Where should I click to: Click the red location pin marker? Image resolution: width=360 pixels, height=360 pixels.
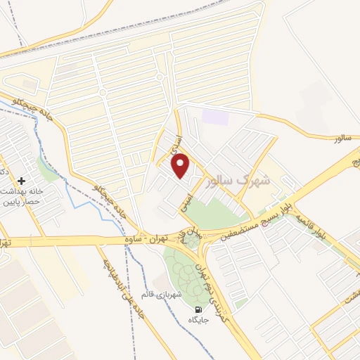pyautogui.click(x=181, y=165)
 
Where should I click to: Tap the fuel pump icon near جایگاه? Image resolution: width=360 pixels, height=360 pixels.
pyautogui.click(x=198, y=309)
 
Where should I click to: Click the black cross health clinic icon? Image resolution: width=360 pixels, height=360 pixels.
pyautogui.click(x=22, y=181)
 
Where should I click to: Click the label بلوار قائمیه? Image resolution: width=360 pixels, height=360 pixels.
pyautogui.click(x=310, y=226)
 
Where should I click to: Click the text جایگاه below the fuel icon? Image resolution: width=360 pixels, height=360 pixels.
pyautogui.click(x=199, y=321)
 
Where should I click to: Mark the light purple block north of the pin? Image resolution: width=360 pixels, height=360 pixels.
pyautogui.click(x=215, y=116)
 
